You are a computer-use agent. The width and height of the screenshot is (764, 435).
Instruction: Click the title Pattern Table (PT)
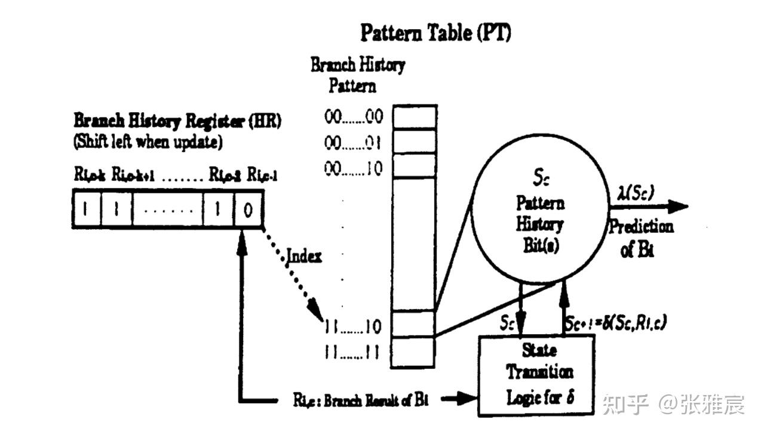coord(435,33)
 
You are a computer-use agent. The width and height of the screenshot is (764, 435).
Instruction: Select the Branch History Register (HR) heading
coord(177,121)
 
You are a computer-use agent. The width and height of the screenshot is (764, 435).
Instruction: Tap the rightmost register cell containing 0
coord(248,209)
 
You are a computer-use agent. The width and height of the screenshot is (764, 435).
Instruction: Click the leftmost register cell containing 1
coord(86,209)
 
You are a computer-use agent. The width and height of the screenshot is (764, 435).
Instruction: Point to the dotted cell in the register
coord(168,209)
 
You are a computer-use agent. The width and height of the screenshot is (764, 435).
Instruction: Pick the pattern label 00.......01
coord(353,143)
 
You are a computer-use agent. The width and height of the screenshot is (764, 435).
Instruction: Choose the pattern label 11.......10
coord(353,326)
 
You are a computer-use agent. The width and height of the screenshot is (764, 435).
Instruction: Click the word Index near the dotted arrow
coord(304,257)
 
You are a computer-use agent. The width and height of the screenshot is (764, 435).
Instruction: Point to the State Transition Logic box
coord(536,375)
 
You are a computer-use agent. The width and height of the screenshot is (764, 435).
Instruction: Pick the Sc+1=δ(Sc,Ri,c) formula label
coord(616,322)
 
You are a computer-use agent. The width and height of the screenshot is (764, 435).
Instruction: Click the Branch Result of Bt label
coord(361,400)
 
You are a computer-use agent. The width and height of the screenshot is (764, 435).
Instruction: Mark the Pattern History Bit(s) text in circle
coord(539,224)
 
